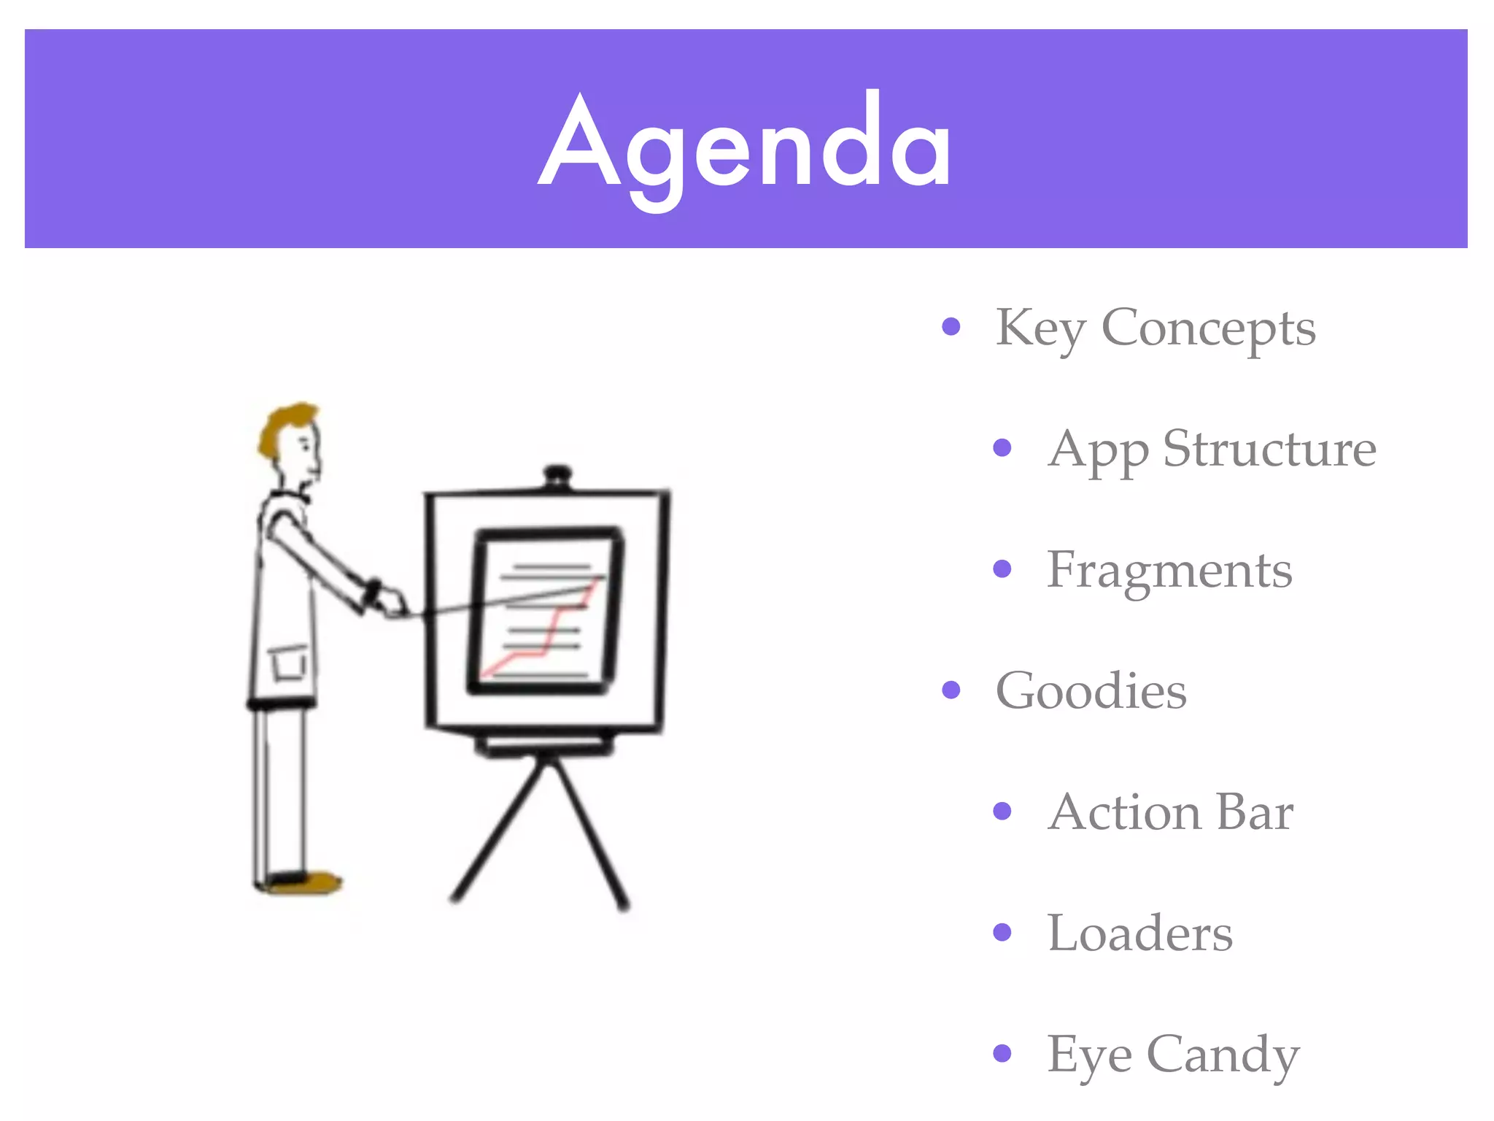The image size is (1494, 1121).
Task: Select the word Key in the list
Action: [x=1040, y=328]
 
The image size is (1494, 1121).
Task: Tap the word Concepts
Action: [x=1208, y=328]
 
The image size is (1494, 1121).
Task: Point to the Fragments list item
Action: [x=1169, y=571]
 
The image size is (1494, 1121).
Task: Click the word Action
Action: [x=1123, y=812]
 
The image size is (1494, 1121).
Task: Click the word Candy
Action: [x=1223, y=1055]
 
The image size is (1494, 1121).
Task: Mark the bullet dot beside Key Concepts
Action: [x=951, y=325]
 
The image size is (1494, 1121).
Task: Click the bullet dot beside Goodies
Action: [x=951, y=689]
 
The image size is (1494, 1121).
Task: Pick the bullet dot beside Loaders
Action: [x=1002, y=932]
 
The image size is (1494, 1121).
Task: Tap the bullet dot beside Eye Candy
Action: [x=1002, y=1052]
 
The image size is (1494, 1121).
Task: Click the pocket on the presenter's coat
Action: [x=290, y=663]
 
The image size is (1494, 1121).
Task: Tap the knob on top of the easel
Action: [x=558, y=475]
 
